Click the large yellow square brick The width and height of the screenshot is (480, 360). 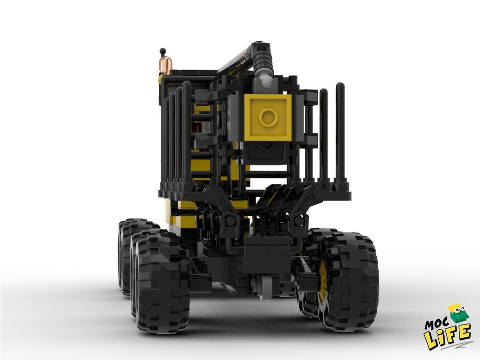coord(268,118)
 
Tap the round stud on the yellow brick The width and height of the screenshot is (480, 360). coord(268,117)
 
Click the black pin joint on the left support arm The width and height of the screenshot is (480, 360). coord(230,221)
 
